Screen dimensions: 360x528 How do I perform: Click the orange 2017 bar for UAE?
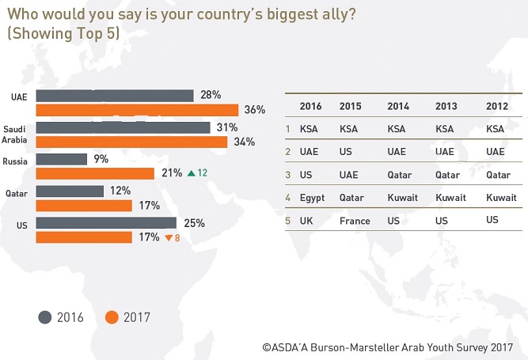click(x=137, y=110)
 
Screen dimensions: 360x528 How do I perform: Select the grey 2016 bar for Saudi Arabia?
click(x=123, y=127)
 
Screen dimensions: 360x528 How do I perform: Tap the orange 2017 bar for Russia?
click(x=95, y=173)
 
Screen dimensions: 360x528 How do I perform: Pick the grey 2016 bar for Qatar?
click(x=70, y=191)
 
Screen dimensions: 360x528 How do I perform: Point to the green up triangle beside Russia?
click(x=190, y=173)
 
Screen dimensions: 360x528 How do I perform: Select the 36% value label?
click(x=255, y=110)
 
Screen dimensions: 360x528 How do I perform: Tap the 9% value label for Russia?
click(x=101, y=159)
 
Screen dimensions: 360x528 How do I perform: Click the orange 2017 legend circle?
click(x=112, y=317)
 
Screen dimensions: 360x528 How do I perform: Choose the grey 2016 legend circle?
click(x=45, y=317)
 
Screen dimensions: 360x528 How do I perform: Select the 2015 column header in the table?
click(x=350, y=106)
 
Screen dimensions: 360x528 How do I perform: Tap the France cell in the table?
click(x=354, y=221)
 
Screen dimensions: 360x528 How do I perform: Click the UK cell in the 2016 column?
click(x=306, y=221)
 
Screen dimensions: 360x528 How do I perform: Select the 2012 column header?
click(x=498, y=106)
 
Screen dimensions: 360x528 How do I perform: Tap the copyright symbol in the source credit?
click(x=267, y=347)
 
